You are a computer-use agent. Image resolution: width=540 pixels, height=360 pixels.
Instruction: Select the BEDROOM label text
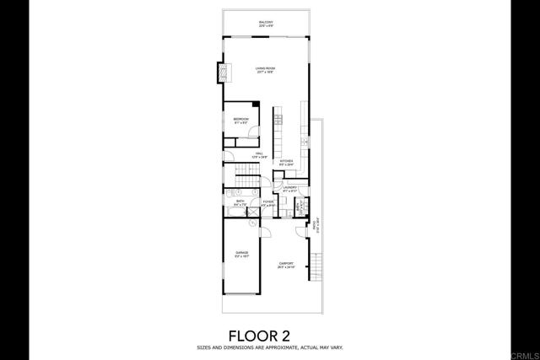pyautogui.click(x=241, y=120)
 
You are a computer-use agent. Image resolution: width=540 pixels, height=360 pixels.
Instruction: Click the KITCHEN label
pyautogui.click(x=287, y=161)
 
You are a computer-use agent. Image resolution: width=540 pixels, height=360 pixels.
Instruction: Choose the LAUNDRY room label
pyautogui.click(x=291, y=188)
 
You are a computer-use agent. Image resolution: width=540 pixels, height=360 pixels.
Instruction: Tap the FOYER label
pyautogui.click(x=267, y=202)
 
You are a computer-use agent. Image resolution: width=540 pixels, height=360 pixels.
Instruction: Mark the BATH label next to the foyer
pyautogui.click(x=240, y=202)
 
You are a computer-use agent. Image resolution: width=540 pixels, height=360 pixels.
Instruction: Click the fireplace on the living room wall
pyautogui.click(x=224, y=75)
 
